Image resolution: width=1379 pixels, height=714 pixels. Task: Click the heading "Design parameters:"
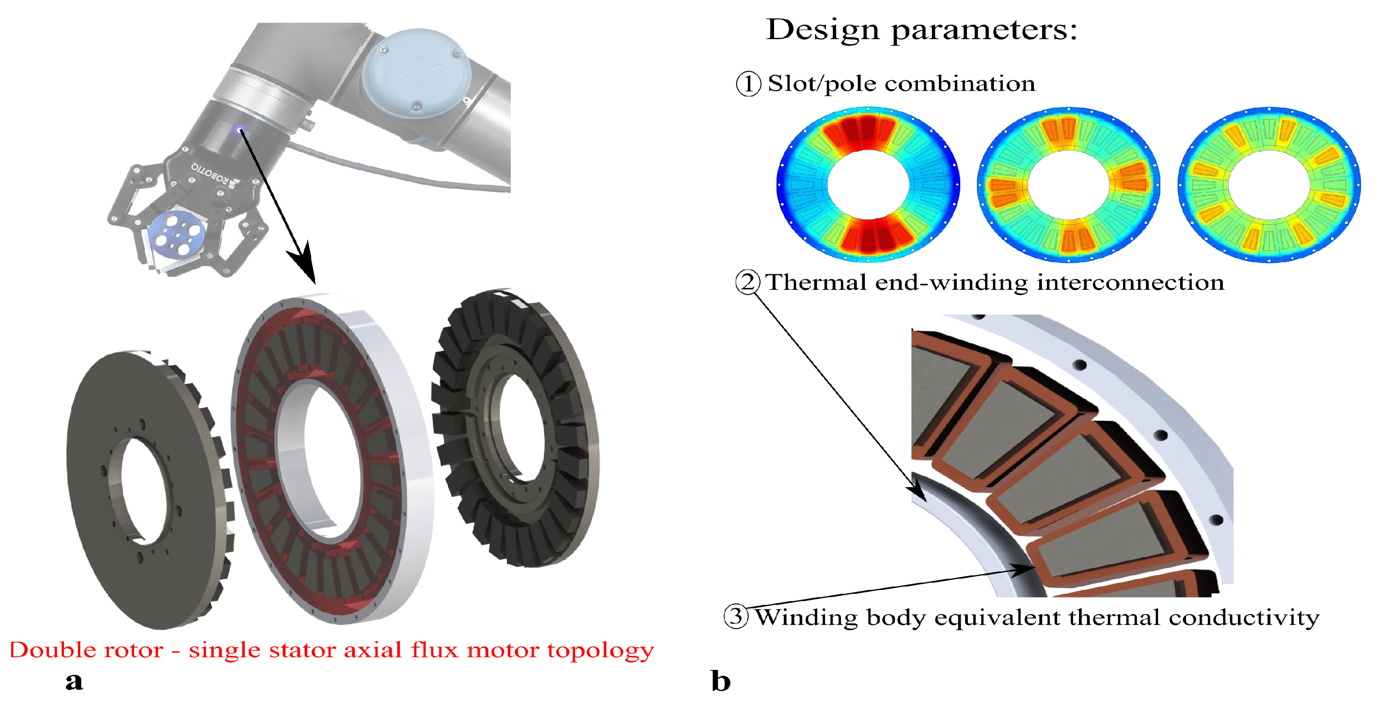pos(921,30)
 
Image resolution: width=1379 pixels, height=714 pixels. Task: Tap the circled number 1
pos(748,84)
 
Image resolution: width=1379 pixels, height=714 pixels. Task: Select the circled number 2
pos(747,282)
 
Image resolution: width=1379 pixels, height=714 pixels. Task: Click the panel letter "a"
pos(75,682)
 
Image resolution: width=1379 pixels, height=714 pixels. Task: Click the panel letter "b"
pos(721,682)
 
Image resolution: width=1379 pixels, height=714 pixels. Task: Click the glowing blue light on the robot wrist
pos(239,129)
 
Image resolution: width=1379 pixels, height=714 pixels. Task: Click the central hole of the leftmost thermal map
pos(868,185)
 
